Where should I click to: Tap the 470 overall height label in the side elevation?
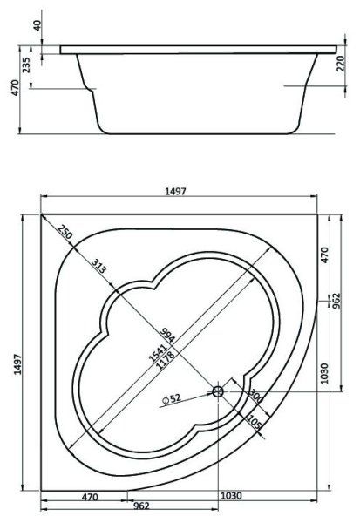coord(10,89)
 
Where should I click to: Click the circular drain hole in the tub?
coord(218,392)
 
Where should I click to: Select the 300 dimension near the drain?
coord(255,396)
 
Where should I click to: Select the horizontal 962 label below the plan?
coord(141,505)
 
